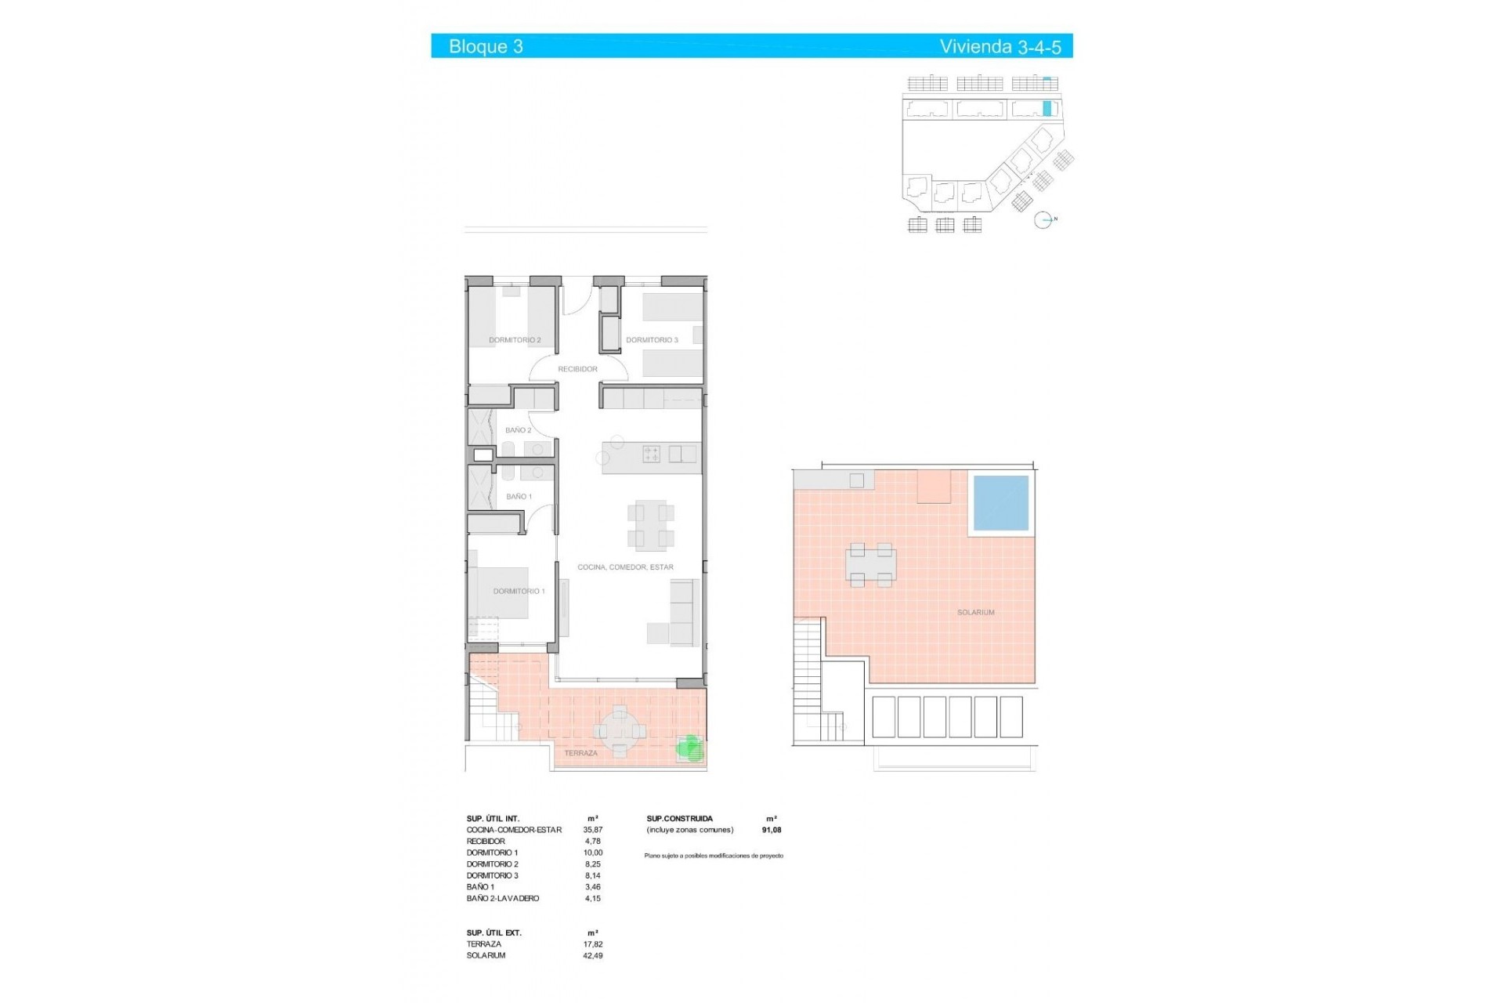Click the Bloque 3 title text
click(x=486, y=46)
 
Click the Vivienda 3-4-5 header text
click(x=1000, y=46)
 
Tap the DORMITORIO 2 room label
click(x=515, y=340)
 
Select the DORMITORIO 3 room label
click(x=652, y=340)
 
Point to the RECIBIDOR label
click(x=577, y=369)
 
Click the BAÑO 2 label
click(x=518, y=430)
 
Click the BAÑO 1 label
click(x=519, y=497)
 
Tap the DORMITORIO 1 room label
click(x=519, y=592)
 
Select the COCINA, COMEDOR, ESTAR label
click(x=625, y=567)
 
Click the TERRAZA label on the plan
click(x=580, y=753)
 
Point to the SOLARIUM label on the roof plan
click(x=975, y=613)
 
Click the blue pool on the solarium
click(x=1000, y=502)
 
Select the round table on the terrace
click(x=620, y=732)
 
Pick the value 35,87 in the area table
click(x=593, y=830)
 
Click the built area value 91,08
click(x=772, y=830)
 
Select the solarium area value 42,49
click(x=593, y=956)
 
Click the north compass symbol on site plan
click(x=1043, y=220)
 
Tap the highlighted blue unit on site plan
click(x=1047, y=109)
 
